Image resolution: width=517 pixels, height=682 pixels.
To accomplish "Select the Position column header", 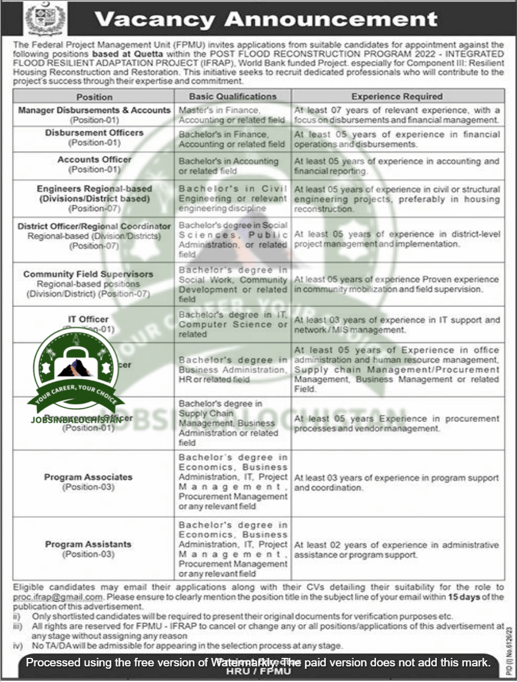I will (94, 96).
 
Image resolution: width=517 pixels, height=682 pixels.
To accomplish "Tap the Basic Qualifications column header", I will (233, 96).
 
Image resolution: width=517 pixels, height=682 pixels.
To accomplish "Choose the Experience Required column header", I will (397, 96).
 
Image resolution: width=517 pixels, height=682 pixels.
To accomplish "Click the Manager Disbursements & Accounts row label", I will (94, 110).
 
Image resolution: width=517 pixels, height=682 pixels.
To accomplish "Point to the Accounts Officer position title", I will (94, 160).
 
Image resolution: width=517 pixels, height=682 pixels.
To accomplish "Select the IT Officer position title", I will (89, 319).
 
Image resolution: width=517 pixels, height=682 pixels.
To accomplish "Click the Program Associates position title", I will (88, 477).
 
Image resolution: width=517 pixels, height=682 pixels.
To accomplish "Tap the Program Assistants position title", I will (88, 544).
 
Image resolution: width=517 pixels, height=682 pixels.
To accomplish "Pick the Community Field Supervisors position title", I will (88, 274).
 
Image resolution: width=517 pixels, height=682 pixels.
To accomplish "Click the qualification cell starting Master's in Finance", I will (232, 115).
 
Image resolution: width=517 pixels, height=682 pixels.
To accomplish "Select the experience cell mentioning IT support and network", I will (397, 325).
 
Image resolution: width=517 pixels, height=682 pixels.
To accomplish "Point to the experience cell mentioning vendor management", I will (397, 424).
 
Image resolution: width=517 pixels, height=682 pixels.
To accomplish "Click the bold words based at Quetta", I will (148, 54).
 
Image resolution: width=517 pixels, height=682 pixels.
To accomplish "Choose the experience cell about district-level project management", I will (397, 239).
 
